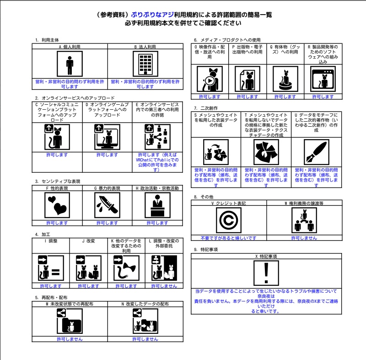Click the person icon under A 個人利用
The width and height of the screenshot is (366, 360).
(70, 64)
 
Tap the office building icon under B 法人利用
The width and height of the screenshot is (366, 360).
(145, 64)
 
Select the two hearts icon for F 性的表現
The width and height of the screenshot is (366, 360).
(57, 205)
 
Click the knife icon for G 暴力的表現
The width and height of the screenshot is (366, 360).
(107, 205)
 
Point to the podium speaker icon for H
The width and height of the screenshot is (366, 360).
(157, 205)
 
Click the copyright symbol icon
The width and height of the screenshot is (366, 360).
(228, 220)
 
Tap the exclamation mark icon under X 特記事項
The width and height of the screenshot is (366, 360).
(266, 273)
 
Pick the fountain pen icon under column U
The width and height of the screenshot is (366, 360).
(316, 152)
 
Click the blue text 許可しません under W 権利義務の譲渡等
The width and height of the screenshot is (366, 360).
(304, 238)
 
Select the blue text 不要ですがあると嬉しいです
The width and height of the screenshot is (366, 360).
(228, 238)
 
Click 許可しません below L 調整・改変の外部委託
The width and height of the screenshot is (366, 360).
(164, 286)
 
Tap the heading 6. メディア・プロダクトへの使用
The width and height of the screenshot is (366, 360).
(227, 40)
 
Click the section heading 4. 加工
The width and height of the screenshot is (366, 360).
(43, 235)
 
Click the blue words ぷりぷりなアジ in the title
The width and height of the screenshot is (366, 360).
(152, 15)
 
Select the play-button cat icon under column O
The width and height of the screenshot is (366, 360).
(210, 79)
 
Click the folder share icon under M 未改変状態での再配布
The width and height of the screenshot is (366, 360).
(70, 321)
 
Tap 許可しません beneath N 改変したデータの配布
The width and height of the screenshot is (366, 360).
(145, 339)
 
